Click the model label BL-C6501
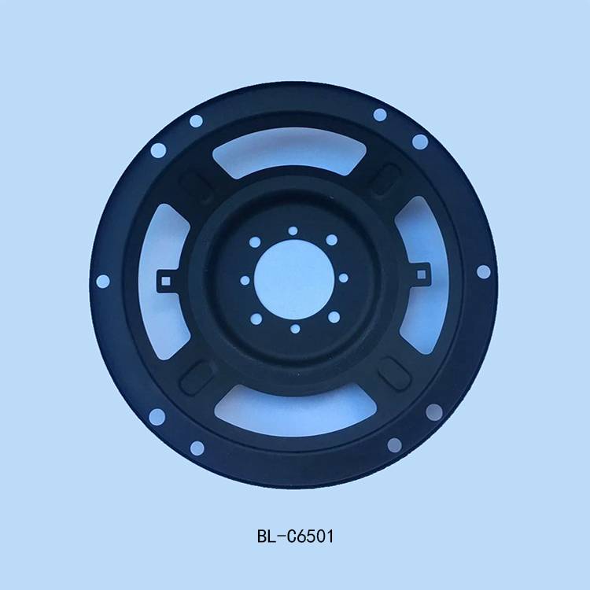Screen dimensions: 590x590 point(295,537)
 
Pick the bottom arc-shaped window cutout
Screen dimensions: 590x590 point(295,411)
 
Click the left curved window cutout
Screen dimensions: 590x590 point(163,282)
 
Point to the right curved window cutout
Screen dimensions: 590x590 point(422,275)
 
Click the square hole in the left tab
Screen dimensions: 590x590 point(165,281)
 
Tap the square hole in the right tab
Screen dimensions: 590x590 point(422,275)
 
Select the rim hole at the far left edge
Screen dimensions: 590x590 point(103,281)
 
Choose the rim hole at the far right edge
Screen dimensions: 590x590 point(484,271)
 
